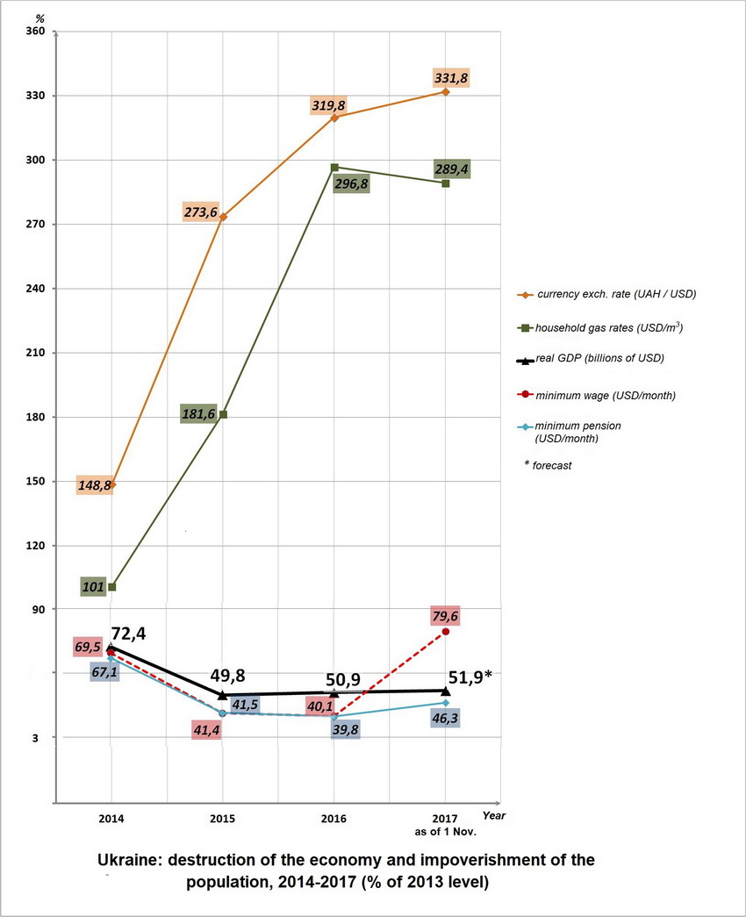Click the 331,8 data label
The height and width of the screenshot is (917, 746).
coord(451,79)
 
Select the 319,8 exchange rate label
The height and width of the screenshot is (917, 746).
coord(328,105)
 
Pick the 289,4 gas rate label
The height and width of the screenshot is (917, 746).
coord(451,169)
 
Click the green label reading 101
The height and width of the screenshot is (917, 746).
coord(93,586)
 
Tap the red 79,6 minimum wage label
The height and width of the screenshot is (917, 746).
coord(446,615)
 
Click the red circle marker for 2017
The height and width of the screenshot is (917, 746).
coord(446,632)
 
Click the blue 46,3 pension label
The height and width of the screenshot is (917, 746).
coord(446,718)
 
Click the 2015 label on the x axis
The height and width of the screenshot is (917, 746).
coord(222,818)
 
